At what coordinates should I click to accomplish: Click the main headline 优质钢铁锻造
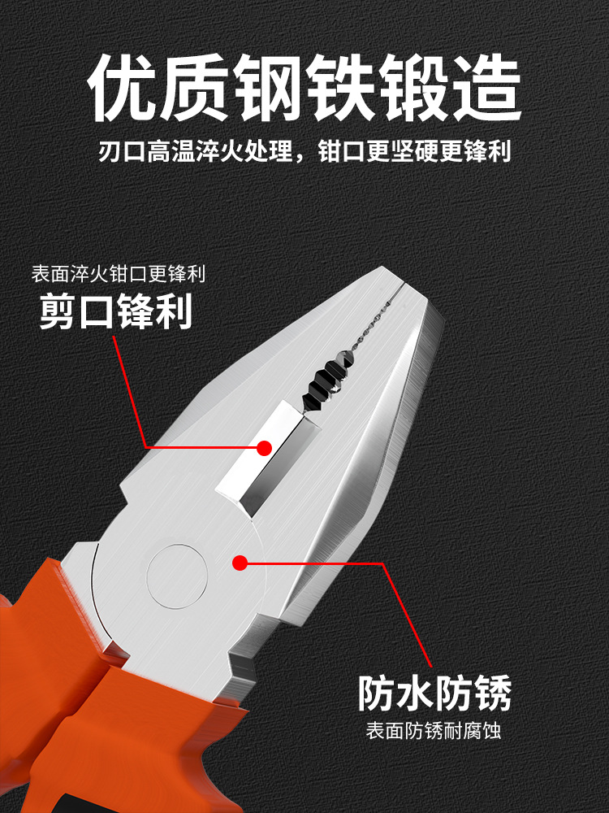click(304, 88)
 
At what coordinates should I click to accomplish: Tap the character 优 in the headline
click(123, 88)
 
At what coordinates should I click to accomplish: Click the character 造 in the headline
click(486, 88)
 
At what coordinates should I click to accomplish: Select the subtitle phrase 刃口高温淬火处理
click(195, 151)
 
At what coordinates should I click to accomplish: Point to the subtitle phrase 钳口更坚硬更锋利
click(414, 151)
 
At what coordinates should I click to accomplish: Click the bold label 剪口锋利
click(116, 311)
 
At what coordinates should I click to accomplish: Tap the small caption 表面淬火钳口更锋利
click(119, 274)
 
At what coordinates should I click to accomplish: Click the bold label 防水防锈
click(435, 693)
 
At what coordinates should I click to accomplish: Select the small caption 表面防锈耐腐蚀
click(434, 731)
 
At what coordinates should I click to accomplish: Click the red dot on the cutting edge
click(264, 448)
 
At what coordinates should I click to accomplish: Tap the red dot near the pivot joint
click(240, 563)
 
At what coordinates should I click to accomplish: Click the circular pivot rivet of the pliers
click(177, 576)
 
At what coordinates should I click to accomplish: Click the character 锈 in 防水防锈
click(493, 693)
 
